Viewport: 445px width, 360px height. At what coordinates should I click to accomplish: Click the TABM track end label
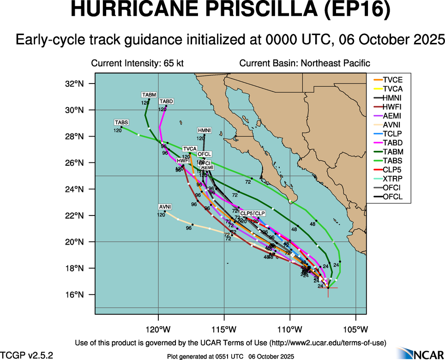click(x=149, y=95)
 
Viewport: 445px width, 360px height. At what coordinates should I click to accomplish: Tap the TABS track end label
click(x=122, y=122)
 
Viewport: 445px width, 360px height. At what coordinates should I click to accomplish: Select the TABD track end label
click(x=166, y=102)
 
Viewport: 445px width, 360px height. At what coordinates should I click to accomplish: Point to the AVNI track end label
click(x=165, y=207)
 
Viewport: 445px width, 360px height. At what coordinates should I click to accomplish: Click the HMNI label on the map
click(x=204, y=130)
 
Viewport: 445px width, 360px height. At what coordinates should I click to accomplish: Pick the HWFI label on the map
click(x=183, y=161)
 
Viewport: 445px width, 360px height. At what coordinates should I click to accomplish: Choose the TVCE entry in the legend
click(x=387, y=80)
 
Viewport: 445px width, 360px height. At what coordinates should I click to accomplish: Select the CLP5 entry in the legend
click(x=387, y=170)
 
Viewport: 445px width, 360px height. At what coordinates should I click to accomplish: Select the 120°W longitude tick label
click(x=158, y=330)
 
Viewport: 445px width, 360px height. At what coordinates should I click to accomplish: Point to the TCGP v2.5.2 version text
click(x=27, y=355)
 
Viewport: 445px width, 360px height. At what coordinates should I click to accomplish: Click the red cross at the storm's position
click(x=328, y=288)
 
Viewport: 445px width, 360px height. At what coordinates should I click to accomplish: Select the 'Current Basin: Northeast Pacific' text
click(x=305, y=63)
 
